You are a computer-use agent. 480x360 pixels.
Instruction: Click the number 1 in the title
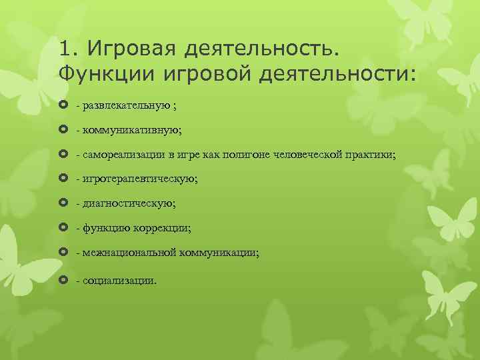coord(64,49)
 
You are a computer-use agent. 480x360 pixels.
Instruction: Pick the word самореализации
coord(122,155)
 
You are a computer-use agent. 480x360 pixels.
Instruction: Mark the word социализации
coord(119,280)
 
